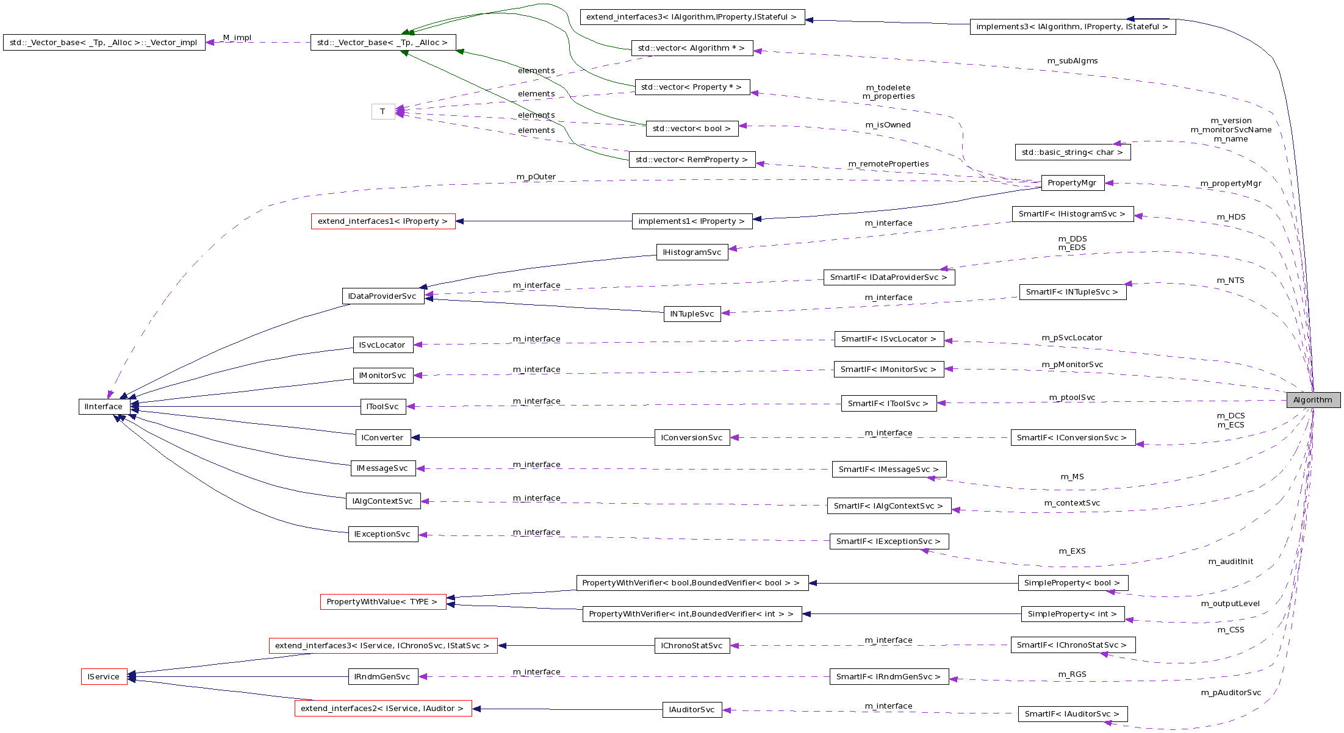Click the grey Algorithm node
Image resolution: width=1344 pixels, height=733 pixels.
tap(1313, 400)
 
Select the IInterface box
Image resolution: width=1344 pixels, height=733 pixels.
tap(104, 407)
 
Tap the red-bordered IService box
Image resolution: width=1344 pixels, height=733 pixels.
tap(104, 677)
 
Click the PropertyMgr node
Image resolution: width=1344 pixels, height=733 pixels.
tap(1072, 183)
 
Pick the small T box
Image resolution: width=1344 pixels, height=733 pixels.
tap(383, 112)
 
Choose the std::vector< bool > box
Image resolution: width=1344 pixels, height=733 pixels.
tap(692, 129)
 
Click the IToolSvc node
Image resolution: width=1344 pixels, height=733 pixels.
tap(383, 407)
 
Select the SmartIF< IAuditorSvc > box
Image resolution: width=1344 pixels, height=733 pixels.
tap(1073, 714)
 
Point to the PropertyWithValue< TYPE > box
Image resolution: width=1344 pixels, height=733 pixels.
tap(383, 602)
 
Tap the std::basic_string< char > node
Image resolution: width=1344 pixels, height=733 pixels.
tap(1073, 152)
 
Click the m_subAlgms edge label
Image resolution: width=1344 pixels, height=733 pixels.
tap(1073, 61)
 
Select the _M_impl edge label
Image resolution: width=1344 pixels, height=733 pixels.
tap(237, 38)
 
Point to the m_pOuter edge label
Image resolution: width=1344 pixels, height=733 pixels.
tap(536, 177)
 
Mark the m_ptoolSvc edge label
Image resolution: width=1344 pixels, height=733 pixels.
tap(1072, 398)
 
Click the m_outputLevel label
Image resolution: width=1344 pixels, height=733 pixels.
tap(1231, 604)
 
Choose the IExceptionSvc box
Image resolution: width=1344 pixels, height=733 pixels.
tap(383, 534)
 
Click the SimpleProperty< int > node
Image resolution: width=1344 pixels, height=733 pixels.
tap(1073, 614)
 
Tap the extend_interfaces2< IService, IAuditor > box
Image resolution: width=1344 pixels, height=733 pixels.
tap(383, 709)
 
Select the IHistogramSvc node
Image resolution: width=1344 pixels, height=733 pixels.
tap(692, 252)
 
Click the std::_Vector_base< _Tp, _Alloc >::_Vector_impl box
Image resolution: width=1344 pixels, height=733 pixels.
tap(104, 43)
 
